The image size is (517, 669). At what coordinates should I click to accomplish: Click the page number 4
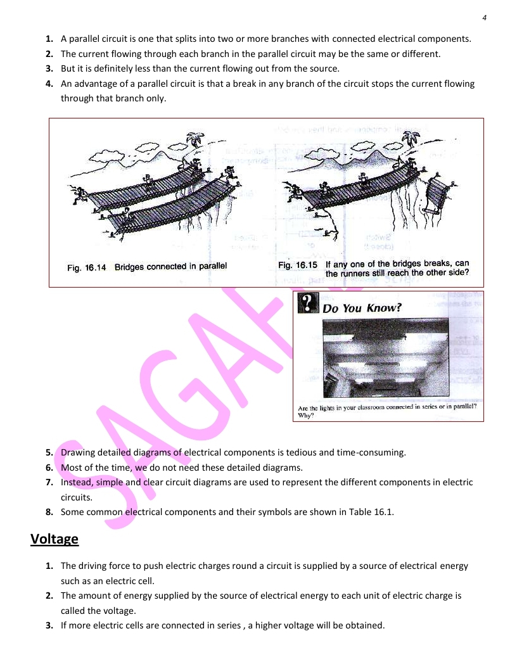484,17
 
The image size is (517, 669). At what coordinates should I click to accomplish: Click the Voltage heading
54,539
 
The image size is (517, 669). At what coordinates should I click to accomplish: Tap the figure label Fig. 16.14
87,267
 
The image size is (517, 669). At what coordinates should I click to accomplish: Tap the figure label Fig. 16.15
297,264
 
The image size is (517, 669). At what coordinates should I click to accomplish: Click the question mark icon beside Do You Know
307,303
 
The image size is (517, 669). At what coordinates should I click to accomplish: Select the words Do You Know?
362,309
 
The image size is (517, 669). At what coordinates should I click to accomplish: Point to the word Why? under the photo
306,416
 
